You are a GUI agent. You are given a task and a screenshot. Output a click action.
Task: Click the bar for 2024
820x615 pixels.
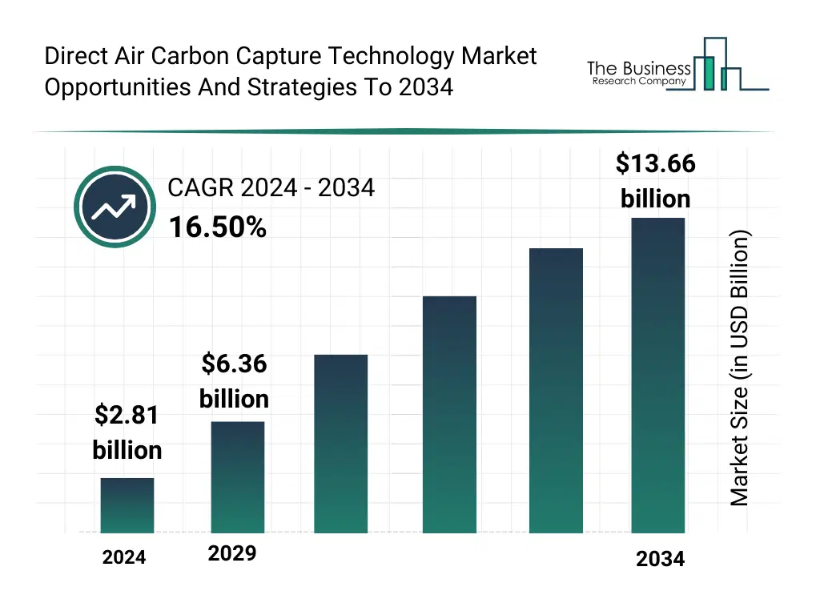pos(127,505)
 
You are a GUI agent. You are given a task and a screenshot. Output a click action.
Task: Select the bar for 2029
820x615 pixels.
pos(238,476)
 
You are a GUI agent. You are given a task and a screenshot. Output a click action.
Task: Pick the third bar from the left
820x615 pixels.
pos(341,444)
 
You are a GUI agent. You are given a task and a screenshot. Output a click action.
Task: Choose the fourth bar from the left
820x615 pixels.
pos(449,414)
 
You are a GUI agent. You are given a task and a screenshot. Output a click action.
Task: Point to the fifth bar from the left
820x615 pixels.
pos(556,390)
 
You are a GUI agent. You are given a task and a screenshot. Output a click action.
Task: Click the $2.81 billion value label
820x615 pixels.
pos(127,432)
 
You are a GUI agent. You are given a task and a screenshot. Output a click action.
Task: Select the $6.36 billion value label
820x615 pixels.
pos(234,381)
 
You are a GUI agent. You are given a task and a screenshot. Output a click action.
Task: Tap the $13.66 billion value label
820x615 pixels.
pos(655,181)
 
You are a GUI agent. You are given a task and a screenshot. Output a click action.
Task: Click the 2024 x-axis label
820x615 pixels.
pos(124,557)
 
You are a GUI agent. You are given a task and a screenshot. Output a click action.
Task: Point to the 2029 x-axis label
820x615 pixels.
pos(232,553)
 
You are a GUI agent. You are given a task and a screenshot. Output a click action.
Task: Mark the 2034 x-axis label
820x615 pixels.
pos(661,559)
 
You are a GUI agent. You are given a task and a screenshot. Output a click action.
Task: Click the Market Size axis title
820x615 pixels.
pos(740,368)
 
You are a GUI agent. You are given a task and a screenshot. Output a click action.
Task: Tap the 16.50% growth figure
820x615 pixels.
pos(217,228)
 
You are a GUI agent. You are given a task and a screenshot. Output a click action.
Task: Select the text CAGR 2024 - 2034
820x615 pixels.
pos(271,188)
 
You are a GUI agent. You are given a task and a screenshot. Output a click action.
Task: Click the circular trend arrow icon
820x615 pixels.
pos(115,207)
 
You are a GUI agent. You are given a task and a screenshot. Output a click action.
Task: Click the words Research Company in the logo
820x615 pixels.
pos(638,81)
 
